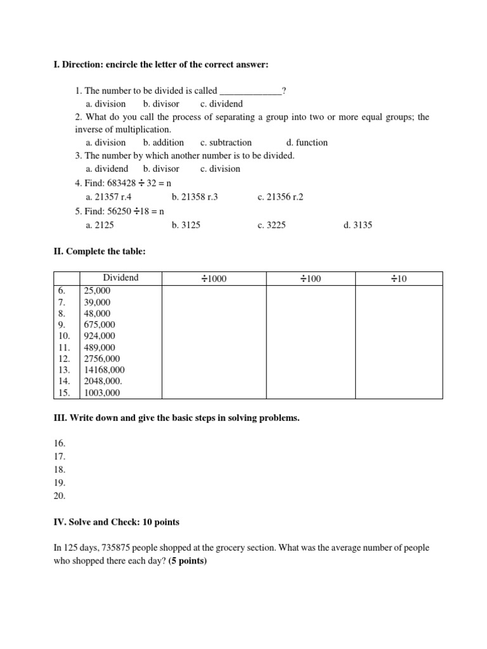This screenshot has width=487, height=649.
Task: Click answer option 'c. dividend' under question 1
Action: point(221,103)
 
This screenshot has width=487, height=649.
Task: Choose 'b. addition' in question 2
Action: point(164,143)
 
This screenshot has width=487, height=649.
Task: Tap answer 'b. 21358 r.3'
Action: point(195,197)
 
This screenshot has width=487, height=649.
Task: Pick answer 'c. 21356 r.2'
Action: point(280,197)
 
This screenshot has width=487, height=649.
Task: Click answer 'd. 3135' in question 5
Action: point(358,225)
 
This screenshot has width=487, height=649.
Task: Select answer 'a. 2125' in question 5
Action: point(100,225)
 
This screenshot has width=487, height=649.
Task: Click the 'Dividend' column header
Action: point(120,278)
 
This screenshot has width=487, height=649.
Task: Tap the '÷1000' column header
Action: point(214,279)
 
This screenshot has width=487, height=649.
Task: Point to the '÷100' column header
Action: point(311,279)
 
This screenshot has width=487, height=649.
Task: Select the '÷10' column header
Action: point(398,279)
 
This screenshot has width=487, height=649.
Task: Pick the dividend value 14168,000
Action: point(105,369)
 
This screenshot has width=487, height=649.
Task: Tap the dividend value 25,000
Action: point(97,290)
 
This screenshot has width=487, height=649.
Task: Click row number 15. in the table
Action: point(63,392)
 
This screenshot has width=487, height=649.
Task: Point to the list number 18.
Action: point(60,470)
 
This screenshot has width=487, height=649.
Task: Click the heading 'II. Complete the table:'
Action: point(100,252)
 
